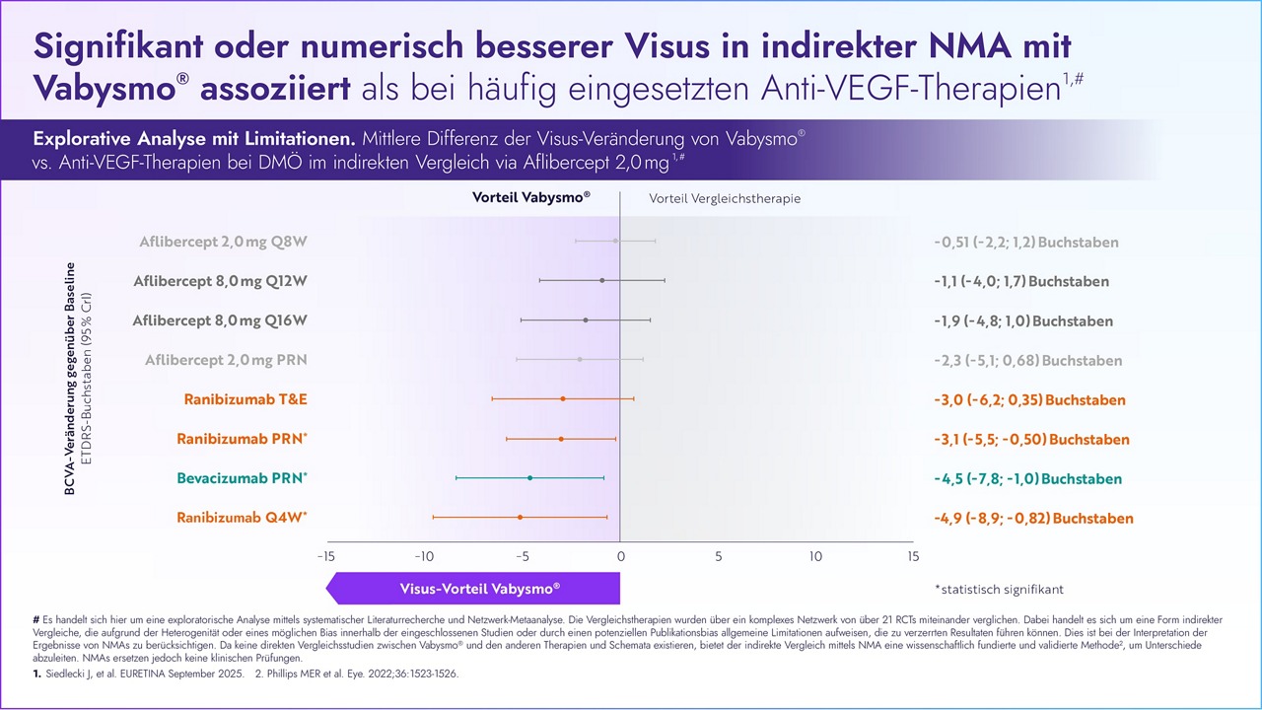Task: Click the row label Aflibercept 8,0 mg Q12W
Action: pos(220,281)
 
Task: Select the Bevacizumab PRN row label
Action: pos(242,478)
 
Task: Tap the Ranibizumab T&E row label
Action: pos(245,399)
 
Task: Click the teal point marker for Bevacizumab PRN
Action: pos(530,477)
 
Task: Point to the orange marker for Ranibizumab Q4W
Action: pos(520,517)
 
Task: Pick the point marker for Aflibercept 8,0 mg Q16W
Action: pos(586,319)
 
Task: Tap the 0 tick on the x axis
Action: pos(620,556)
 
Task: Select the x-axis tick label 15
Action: pos(913,556)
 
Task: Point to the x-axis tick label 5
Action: pos(718,556)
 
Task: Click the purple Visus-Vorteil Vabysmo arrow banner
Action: pos(473,588)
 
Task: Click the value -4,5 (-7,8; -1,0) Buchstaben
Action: pos(1027,479)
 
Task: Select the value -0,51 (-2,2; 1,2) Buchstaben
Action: pos(1025,242)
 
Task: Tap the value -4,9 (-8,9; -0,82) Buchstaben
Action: pos(1033,519)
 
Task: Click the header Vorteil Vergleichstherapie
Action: pos(725,198)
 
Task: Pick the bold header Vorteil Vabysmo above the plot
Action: pos(531,197)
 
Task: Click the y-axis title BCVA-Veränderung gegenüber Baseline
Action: pos(70,379)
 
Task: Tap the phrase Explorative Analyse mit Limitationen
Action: pos(194,138)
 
